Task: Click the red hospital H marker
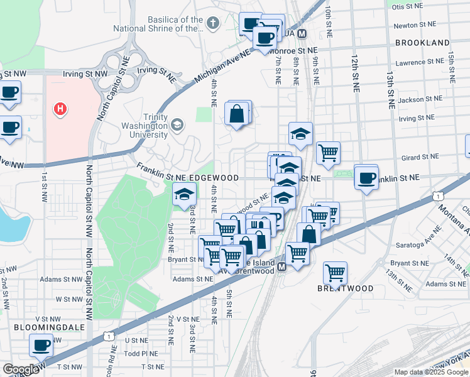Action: click(60, 109)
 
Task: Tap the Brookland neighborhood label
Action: click(422, 43)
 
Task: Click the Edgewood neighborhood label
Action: click(214, 178)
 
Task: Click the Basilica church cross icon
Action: click(213, 24)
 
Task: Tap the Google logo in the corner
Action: click(21, 369)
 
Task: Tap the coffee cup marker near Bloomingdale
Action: click(42, 344)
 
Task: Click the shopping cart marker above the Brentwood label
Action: click(336, 273)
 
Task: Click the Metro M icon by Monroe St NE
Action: click(302, 34)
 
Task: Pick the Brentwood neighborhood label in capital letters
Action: click(345, 288)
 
